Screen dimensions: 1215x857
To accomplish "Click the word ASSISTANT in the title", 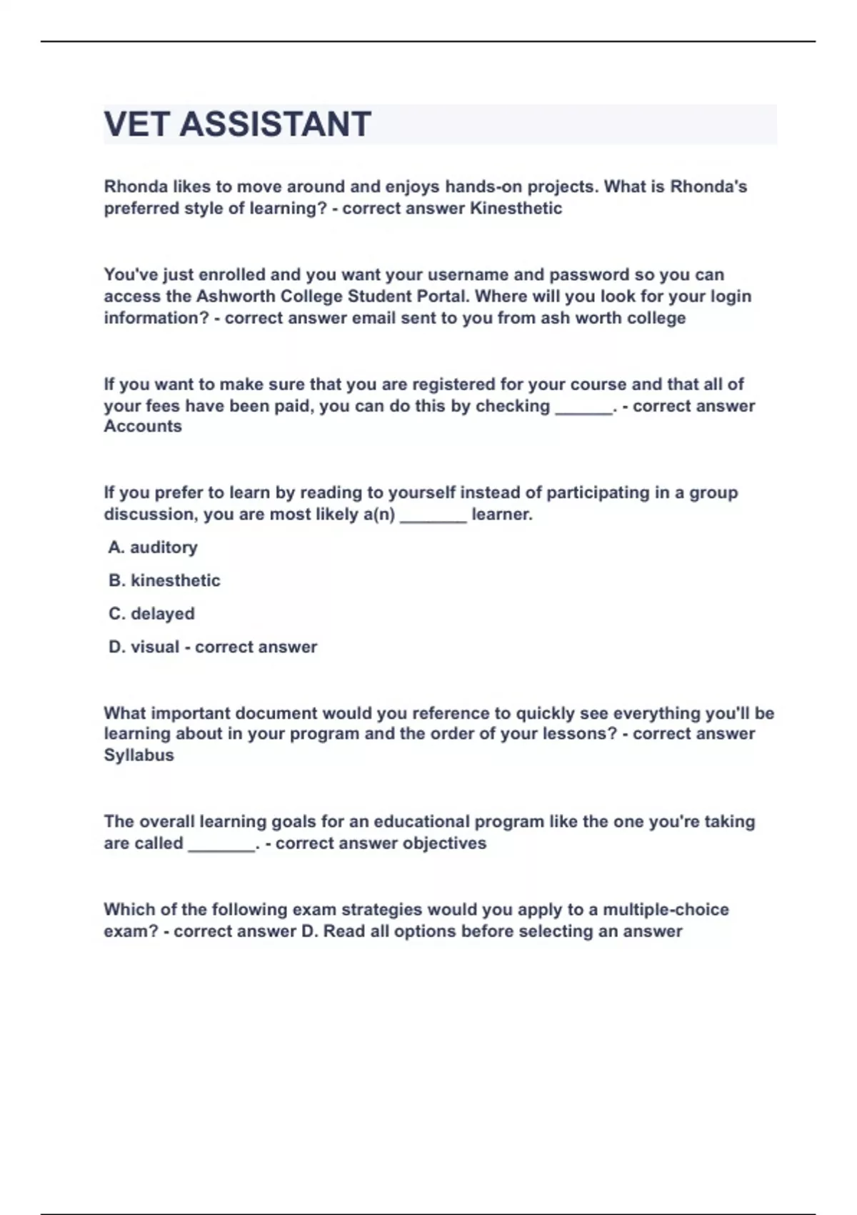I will (x=275, y=124).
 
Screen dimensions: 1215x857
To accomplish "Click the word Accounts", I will (x=143, y=427).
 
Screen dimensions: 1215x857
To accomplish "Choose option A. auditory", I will (x=153, y=547).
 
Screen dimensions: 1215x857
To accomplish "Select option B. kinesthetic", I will (x=164, y=580).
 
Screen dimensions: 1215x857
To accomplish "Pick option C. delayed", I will (x=151, y=614).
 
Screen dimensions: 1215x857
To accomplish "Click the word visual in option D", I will (x=155, y=647).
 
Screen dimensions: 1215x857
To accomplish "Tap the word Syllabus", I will (x=139, y=755).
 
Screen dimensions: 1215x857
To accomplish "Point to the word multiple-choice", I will (x=666, y=910).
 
